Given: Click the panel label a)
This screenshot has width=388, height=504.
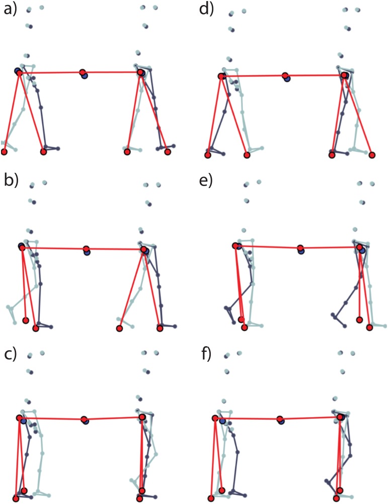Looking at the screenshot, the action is click(x=11, y=10).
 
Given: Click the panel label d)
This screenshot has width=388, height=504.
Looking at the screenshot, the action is click(x=206, y=10).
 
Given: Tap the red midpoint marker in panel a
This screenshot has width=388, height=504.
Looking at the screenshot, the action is click(x=83, y=73).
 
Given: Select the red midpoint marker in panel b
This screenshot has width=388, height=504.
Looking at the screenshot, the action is click(x=87, y=249).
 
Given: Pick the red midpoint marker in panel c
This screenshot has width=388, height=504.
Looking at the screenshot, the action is click(x=85, y=419).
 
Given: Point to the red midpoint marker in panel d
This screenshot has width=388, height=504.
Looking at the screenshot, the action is click(x=285, y=76).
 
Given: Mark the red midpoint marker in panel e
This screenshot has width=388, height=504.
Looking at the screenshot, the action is click(x=300, y=248).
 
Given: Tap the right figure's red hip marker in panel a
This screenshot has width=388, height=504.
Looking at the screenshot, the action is click(x=140, y=73).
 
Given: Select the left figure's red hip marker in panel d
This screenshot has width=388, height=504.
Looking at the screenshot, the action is click(x=221, y=77).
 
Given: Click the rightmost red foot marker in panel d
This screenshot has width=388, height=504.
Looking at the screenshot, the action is click(x=372, y=155).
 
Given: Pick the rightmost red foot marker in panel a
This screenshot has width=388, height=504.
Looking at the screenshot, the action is click(x=168, y=151).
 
